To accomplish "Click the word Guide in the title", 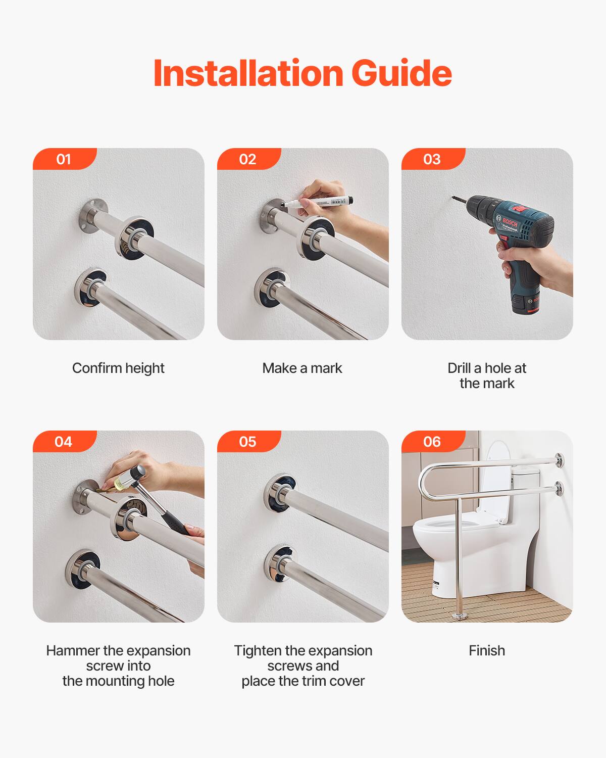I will (x=401, y=73).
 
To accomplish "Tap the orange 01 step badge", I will (x=64, y=159).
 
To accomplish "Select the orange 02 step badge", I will (x=247, y=159).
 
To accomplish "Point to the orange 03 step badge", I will (x=432, y=159).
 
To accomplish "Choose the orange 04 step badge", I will (x=64, y=442).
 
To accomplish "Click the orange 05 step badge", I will (x=247, y=442).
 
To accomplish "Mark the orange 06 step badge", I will (x=432, y=442).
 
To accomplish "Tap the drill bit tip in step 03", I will (x=454, y=198).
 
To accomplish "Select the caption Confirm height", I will (x=118, y=368).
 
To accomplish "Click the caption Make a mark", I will (x=302, y=368).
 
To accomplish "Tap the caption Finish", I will (x=487, y=651).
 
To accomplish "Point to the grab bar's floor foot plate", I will (x=459, y=616).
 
